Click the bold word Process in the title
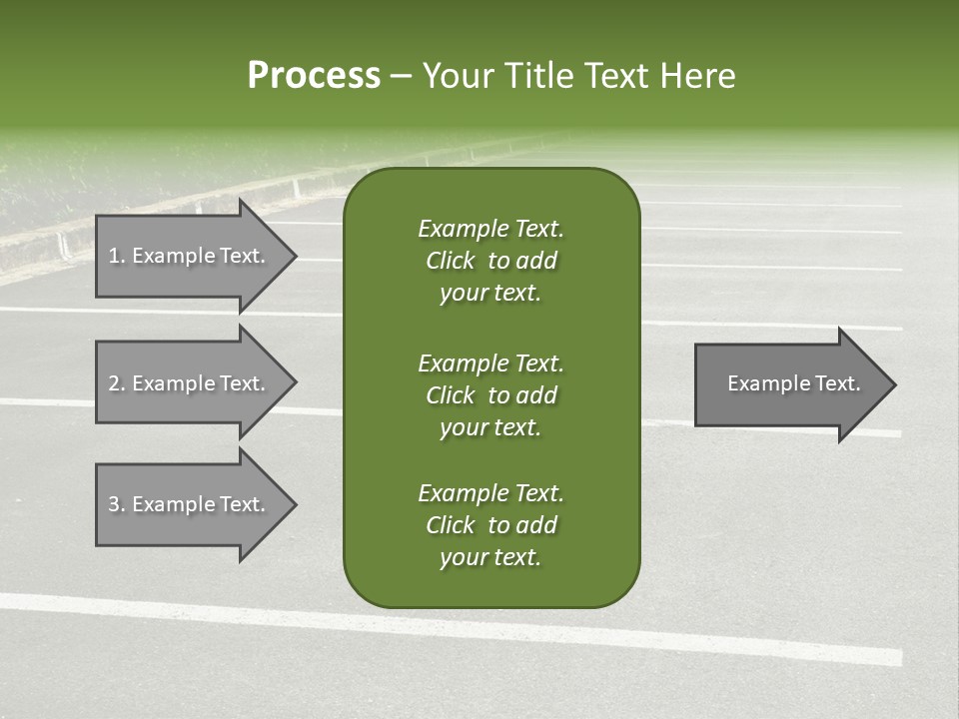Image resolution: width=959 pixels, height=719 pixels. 314,76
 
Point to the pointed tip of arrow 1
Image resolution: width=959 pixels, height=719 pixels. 294,256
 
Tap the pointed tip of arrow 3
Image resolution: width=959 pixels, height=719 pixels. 294,504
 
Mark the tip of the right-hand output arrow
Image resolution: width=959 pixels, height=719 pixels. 893,383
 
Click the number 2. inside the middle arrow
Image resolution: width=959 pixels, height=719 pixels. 116,383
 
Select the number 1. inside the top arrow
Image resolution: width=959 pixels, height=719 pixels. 116,256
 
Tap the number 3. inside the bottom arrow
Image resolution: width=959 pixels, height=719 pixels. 116,504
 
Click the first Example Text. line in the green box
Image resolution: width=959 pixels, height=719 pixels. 490,229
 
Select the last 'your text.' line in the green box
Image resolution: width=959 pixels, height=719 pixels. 490,557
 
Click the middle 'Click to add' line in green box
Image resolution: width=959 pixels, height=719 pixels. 490,395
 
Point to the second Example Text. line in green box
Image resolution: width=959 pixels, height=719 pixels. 490,362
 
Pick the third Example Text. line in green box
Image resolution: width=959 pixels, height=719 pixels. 490,493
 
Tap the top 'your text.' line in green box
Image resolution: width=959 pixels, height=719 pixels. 490,294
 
